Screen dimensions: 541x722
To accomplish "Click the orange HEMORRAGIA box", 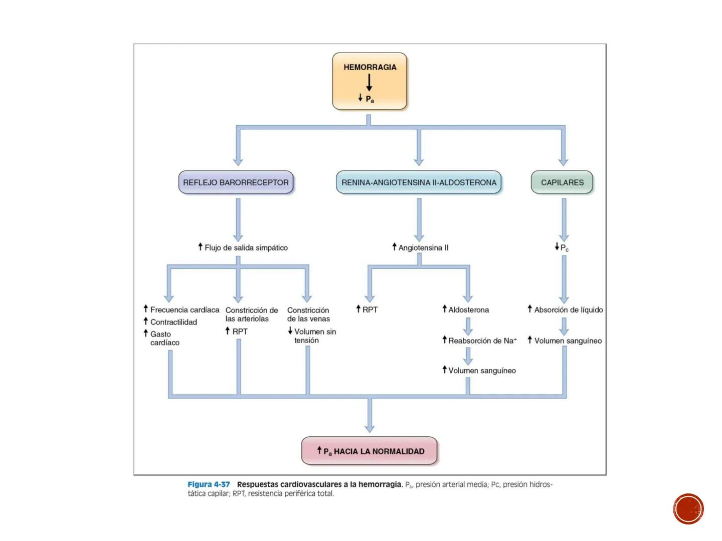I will [370, 81].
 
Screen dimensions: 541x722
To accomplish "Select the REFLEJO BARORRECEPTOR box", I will [236, 183].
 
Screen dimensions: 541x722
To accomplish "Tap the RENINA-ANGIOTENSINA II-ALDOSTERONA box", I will [419, 183].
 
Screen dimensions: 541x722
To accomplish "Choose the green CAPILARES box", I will [562, 183].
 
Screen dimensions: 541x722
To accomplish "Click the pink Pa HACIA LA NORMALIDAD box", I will [370, 451].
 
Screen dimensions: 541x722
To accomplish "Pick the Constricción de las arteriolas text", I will [251, 315].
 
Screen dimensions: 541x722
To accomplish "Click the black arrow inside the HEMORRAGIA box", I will [370, 82].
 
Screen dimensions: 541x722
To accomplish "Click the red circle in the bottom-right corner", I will [688, 509].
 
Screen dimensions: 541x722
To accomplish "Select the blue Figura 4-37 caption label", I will [209, 484].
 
